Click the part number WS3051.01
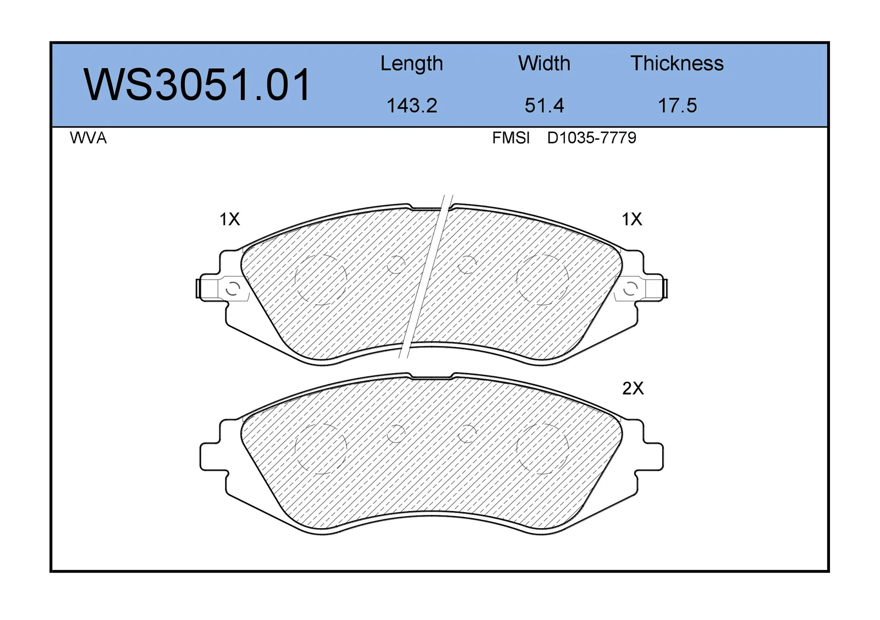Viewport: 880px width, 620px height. pyautogui.click(x=197, y=85)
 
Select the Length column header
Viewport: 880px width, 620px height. pyautogui.click(x=411, y=64)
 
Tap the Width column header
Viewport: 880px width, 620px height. pyautogui.click(x=544, y=63)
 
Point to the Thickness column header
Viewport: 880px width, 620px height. pyautogui.click(x=677, y=63)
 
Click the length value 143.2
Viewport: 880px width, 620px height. pyautogui.click(x=412, y=105)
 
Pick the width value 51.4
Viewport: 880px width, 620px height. pyautogui.click(x=544, y=105)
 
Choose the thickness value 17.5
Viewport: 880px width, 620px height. pyautogui.click(x=677, y=105)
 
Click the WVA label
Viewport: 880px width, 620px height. pyautogui.click(x=89, y=138)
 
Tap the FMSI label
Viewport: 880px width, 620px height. pyautogui.click(x=511, y=138)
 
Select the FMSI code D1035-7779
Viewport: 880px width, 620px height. pyautogui.click(x=592, y=138)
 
